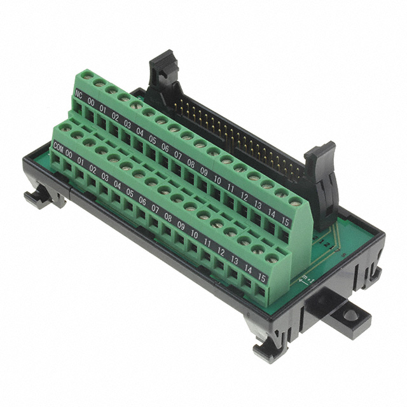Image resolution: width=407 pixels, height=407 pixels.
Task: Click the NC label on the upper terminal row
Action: pos(79,95)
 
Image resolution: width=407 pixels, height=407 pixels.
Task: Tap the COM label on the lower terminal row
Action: pos(59,148)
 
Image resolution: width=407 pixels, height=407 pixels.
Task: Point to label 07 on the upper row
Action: pos(178,155)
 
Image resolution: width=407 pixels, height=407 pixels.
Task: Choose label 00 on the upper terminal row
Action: pos(91,102)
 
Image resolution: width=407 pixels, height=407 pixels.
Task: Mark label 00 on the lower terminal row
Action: pos(69,155)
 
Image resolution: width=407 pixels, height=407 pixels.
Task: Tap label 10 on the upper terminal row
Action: pos(217,180)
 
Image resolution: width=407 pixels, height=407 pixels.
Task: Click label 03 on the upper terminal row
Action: pos(128,123)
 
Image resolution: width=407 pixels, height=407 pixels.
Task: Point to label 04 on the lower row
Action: pos(118,185)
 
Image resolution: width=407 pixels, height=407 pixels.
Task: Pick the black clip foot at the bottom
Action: pos(267,348)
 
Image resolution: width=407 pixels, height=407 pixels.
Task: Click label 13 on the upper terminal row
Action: pos(257,203)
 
